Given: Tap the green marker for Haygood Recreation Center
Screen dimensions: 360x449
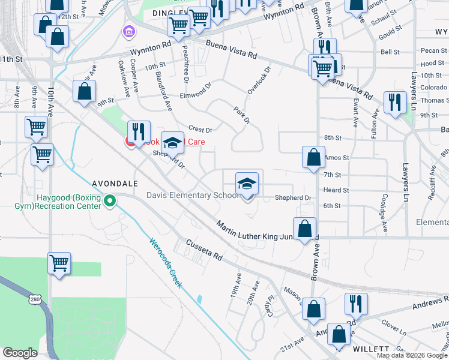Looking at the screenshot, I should [109, 201].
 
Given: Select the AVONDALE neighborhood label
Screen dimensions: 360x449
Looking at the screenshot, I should [115, 183].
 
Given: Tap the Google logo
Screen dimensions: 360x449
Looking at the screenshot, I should [20, 353].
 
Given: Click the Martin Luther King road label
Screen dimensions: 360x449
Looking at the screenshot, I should [259, 232].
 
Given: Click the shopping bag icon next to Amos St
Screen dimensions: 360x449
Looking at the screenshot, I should [313, 158].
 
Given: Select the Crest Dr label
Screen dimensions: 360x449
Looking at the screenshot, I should [200, 130].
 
